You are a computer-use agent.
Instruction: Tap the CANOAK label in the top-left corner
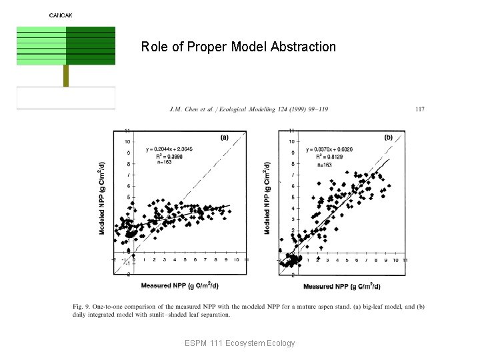click(61, 15)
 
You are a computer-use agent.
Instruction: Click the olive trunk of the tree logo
click(66, 75)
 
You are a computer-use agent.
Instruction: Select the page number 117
click(420, 109)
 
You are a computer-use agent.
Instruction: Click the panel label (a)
click(225, 138)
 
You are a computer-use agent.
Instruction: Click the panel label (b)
click(389, 137)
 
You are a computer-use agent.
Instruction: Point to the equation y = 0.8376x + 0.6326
click(329, 150)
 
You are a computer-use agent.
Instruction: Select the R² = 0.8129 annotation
click(323, 157)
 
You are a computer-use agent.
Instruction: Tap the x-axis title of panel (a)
click(178, 285)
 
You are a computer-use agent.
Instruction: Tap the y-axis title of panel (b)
click(267, 198)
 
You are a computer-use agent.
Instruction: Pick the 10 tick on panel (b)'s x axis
click(396, 260)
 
